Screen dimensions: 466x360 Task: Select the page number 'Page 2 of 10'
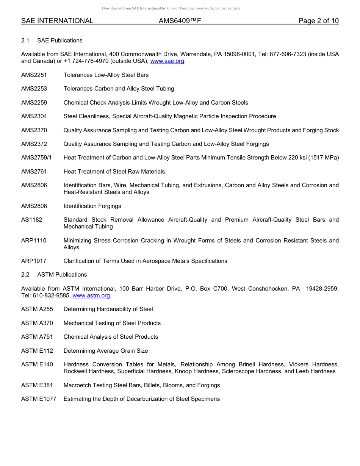318,21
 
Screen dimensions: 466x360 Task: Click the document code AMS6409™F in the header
180,21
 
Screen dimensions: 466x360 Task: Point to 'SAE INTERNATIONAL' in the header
57,21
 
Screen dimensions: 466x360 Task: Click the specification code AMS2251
34,75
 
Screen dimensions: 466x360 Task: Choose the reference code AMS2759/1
36,158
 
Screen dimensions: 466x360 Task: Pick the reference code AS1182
31,220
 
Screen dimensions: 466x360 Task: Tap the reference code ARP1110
34,241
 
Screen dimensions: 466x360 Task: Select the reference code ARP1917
34,261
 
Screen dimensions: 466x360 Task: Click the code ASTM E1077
39,399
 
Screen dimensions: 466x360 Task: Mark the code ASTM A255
37,309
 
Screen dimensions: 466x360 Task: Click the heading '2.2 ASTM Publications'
54,275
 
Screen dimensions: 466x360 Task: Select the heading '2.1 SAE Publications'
52,41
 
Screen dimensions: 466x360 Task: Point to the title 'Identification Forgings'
92,206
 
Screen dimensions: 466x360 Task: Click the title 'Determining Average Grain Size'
106,351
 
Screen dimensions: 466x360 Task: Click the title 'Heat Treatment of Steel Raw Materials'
114,172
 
